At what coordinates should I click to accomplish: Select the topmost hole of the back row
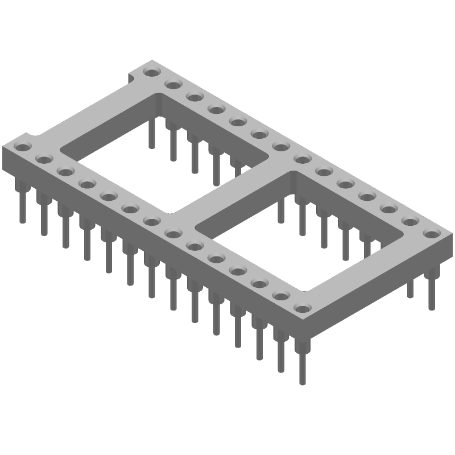pyautogui.click(x=151, y=72)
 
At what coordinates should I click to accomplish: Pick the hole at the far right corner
pyautogui.click(x=432, y=233)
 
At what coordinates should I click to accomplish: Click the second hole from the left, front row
pyautogui.click(x=44, y=159)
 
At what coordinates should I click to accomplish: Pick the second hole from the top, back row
pyautogui.click(x=172, y=85)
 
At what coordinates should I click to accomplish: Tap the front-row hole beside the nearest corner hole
pyautogui.click(x=280, y=296)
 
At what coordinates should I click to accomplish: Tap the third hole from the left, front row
pyautogui.click(x=65, y=171)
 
